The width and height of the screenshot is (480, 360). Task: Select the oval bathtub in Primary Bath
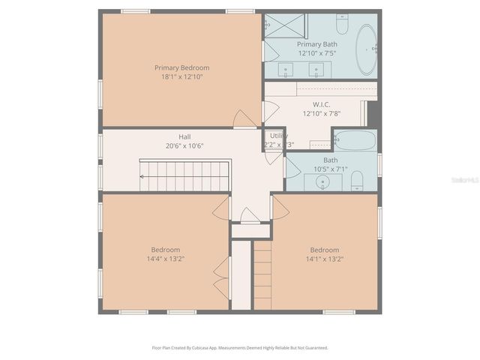[365, 50]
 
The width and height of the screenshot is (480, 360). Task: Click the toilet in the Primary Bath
[342, 25]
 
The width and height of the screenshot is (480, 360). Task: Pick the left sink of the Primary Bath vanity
[286, 70]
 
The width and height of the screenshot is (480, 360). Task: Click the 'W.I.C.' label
[322, 104]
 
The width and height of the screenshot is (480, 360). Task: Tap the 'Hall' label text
[184, 136]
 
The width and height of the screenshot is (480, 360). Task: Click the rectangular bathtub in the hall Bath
[354, 140]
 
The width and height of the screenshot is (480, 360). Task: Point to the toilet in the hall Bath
[358, 180]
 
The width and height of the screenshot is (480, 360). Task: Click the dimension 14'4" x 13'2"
[166, 259]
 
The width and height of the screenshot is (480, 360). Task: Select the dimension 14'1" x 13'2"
[325, 259]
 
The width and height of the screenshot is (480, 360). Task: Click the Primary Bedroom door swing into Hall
[244, 120]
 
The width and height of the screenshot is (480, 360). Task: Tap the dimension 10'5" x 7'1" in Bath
[331, 169]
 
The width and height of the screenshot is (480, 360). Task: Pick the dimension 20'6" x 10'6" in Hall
[184, 146]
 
